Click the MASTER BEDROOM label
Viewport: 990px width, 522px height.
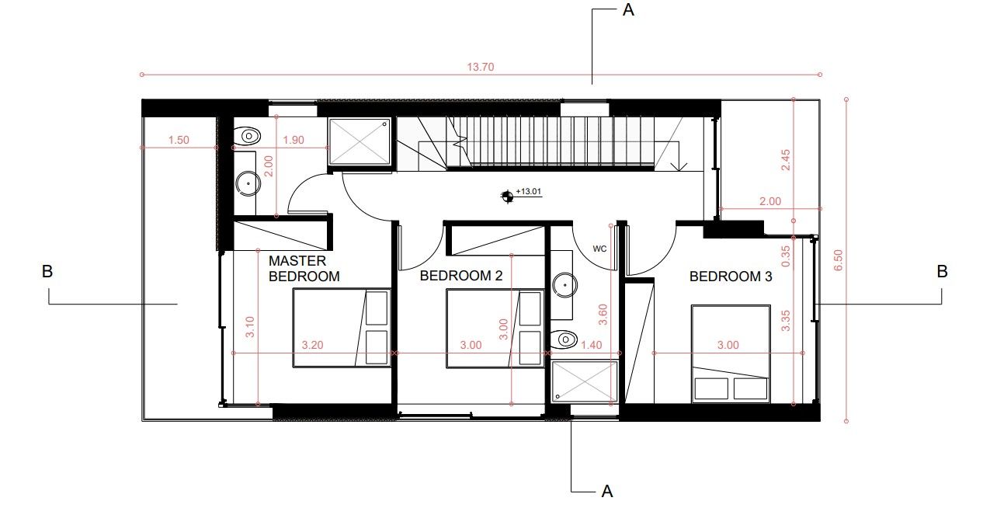pyautogui.click(x=304, y=268)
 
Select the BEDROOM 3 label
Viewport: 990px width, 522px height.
pyautogui.click(x=730, y=276)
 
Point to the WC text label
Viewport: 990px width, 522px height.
pyautogui.click(x=599, y=249)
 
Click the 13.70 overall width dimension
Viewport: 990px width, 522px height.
pyautogui.click(x=481, y=67)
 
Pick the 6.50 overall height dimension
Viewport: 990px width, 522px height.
pyautogui.click(x=837, y=259)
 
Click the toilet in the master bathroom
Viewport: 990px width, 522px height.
pyautogui.click(x=247, y=136)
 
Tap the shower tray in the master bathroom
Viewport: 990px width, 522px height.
pyautogui.click(x=360, y=141)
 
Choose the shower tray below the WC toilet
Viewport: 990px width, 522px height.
pyautogui.click(x=584, y=382)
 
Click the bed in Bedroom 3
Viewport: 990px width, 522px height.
pyautogui.click(x=730, y=354)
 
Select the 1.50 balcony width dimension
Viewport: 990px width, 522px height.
pyautogui.click(x=179, y=141)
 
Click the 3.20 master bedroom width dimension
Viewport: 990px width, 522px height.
pyautogui.click(x=311, y=345)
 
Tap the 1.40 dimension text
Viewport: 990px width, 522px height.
pyautogui.click(x=592, y=345)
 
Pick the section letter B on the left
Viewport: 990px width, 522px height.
pyautogui.click(x=47, y=272)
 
